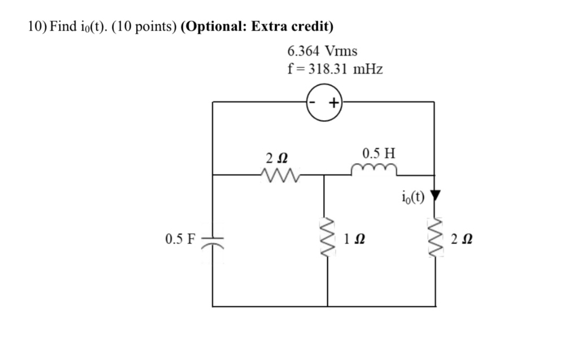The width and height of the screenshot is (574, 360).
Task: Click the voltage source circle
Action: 324,103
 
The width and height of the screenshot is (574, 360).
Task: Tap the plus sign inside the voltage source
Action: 334,103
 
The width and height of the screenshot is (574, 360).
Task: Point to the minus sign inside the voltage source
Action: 312,102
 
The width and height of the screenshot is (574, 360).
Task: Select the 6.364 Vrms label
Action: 322,51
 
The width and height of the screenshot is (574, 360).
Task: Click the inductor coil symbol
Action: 374,170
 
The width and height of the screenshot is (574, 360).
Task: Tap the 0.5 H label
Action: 379,153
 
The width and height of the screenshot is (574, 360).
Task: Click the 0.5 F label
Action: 180,239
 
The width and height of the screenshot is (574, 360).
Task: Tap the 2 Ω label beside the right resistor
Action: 462,239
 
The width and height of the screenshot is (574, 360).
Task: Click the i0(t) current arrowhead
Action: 435,196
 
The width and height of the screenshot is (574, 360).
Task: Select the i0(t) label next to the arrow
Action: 413,197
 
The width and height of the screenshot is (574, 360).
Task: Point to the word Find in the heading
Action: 63,26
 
